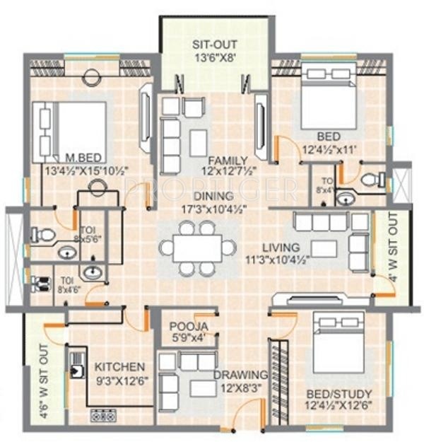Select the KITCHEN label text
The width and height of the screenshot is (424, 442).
click(120, 367)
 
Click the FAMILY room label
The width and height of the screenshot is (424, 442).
click(227, 161)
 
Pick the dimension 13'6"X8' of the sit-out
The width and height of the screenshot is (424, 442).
click(215, 59)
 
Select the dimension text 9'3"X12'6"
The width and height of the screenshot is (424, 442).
click(120, 380)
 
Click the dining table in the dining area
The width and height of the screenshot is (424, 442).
click(198, 248)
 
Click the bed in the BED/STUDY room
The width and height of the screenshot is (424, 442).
click(338, 344)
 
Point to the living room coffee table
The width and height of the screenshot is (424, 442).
click(324, 248)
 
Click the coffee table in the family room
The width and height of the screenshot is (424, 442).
click(199, 142)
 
